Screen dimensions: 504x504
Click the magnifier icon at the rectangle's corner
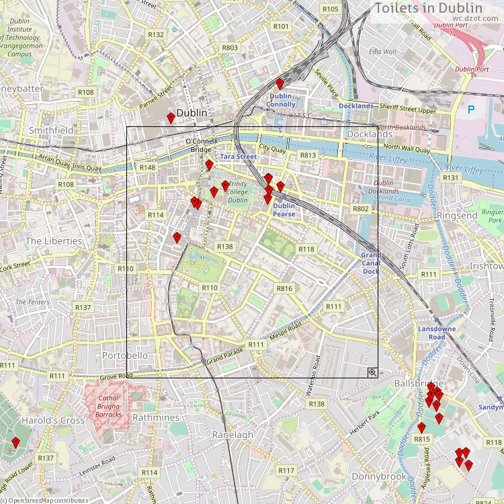[372, 372]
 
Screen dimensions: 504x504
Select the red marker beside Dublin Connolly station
[280, 83]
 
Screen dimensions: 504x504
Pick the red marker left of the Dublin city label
[171, 118]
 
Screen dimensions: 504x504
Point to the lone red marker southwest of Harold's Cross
[15, 442]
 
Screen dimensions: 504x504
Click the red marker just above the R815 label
[421, 427]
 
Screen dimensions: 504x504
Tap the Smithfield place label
[51, 130]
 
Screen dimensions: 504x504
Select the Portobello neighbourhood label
[124, 355]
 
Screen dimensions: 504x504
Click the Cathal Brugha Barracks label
[108, 407]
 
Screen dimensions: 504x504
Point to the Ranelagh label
[233, 435]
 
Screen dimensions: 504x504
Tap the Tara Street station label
[239, 157]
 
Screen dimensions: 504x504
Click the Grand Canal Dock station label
[371, 263]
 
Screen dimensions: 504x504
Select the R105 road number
[330, 9]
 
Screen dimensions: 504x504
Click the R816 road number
[284, 288]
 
